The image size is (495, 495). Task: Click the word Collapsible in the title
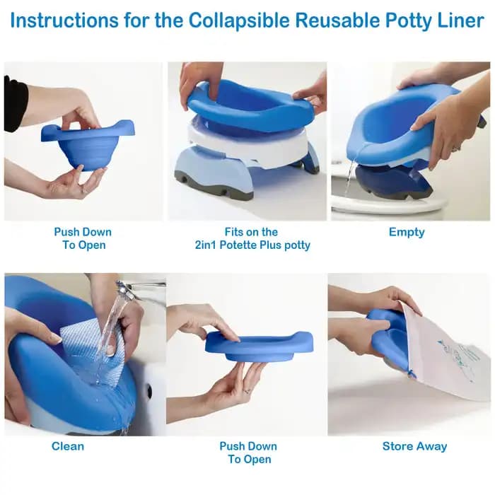[x=239, y=21]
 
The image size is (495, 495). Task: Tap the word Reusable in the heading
[x=337, y=21]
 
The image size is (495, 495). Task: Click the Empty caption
[x=407, y=233]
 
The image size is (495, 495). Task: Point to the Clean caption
[x=68, y=446]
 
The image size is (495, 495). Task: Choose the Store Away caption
[x=414, y=446]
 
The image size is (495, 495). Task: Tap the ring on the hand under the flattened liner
[x=247, y=391]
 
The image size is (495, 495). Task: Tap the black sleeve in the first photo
[x=14, y=104]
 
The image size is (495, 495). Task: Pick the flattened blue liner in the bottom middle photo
[x=259, y=346]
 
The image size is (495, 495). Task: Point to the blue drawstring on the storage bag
[x=410, y=373]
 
